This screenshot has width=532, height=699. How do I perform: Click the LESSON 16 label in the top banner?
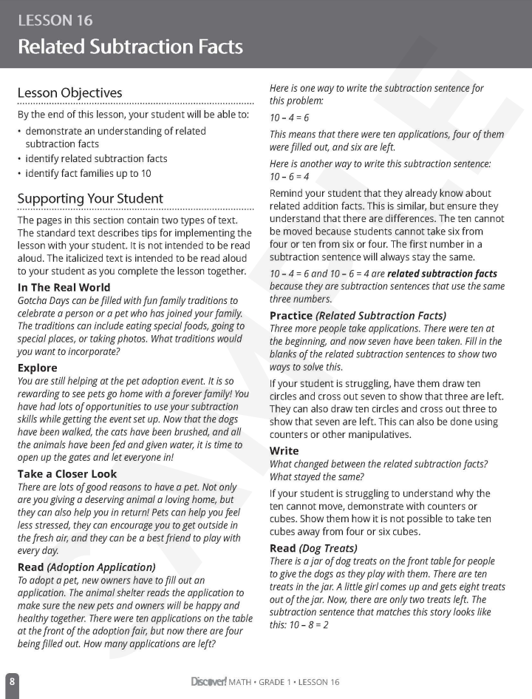(55, 21)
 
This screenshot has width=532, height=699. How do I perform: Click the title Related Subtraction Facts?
(130, 47)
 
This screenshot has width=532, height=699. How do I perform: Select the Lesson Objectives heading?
(69, 92)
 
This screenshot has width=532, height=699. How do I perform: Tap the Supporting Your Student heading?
(90, 199)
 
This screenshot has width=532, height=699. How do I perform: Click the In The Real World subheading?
(64, 287)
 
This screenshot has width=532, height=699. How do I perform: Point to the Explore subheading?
(37, 368)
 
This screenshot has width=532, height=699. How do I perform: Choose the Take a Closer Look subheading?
(67, 473)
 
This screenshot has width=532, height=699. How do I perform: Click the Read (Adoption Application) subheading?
(86, 567)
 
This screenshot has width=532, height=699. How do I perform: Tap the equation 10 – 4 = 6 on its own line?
(290, 117)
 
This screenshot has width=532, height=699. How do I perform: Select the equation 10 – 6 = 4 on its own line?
(290, 177)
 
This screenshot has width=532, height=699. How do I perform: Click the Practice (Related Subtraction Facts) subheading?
(358, 315)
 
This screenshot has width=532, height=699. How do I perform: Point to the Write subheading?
(284, 450)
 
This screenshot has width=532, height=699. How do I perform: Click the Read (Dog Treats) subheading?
(313, 548)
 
